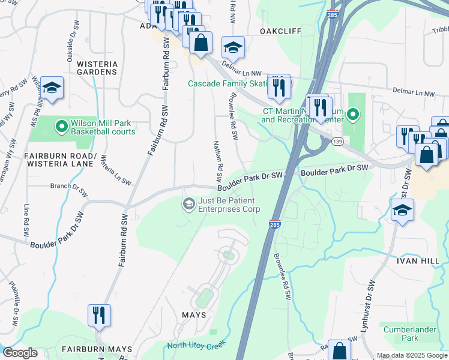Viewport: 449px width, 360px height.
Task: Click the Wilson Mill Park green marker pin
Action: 61,127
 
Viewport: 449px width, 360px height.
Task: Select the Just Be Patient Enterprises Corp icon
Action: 189,205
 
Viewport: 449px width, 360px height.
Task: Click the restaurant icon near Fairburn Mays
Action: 98,316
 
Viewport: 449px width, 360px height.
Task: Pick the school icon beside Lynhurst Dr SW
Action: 402,211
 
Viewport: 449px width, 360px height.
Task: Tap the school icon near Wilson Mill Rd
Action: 52,88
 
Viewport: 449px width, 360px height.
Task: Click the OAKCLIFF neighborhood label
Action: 280,31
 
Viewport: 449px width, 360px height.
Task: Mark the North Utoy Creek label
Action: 195,344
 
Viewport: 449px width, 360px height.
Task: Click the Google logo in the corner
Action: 20,353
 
